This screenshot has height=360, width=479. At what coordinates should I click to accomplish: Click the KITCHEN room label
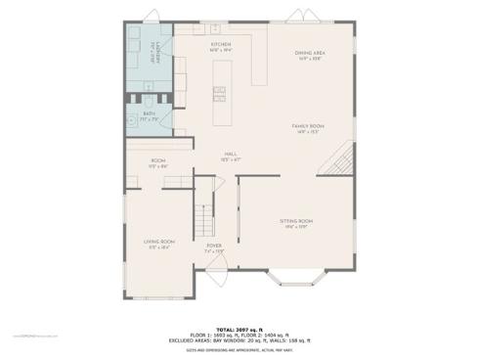pyautogui.click(x=220, y=45)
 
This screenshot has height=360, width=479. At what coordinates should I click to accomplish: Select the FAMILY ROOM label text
pyautogui.click(x=308, y=126)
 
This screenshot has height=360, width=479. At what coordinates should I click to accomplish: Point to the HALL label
pyautogui.click(x=231, y=154)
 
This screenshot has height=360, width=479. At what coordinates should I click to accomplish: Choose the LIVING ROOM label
pyautogui.click(x=159, y=242)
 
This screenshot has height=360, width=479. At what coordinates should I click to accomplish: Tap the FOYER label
pyautogui.click(x=213, y=247)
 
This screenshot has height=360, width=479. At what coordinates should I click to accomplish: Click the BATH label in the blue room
pyautogui.click(x=149, y=113)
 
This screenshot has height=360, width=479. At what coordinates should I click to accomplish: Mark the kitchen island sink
pyautogui.click(x=220, y=94)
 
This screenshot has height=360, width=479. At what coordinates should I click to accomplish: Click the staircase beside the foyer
pyautogui.click(x=204, y=211)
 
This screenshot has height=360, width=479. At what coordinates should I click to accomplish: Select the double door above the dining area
pyautogui.click(x=297, y=17)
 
